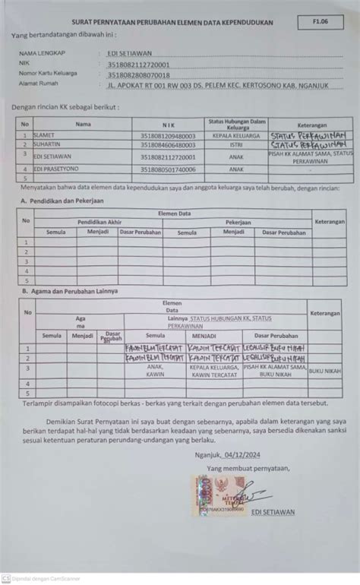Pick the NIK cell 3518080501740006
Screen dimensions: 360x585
click(168, 169)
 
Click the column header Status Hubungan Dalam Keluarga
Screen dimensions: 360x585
click(236, 123)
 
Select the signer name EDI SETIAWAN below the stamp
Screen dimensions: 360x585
click(275, 511)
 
